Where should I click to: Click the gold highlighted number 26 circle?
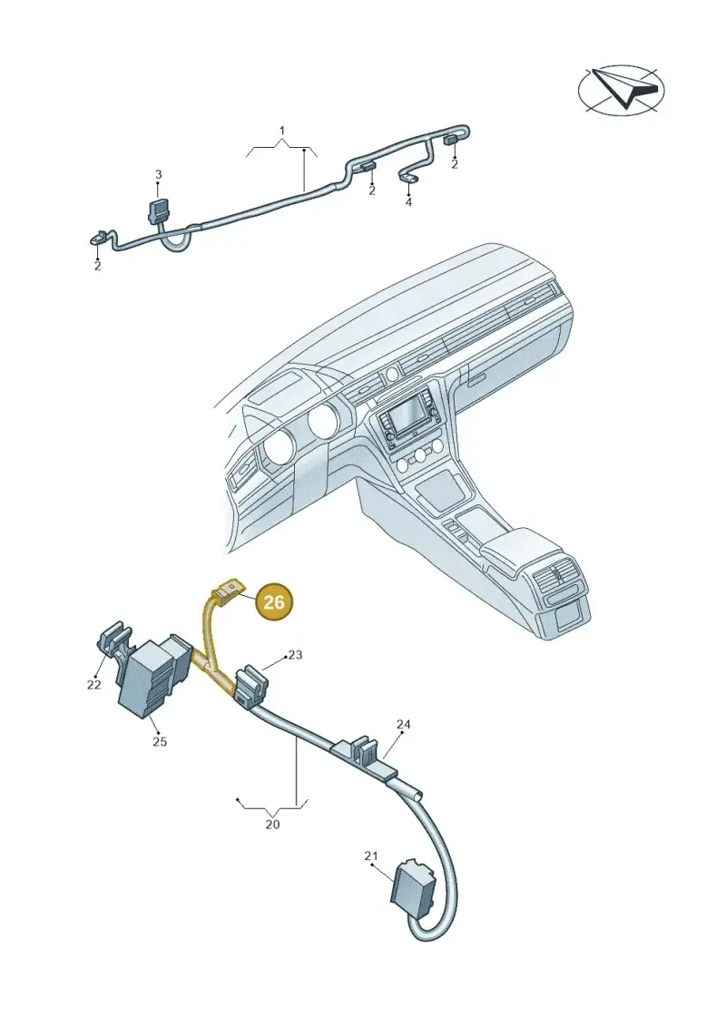pos(274,601)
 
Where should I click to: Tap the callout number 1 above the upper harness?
pos(282,131)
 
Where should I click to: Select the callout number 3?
pos(159,175)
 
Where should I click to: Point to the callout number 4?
pos(408,202)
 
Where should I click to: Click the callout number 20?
pos(272,825)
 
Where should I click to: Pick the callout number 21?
pos(371,855)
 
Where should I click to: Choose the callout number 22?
pos(93,684)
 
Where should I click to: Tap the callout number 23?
pos(295,654)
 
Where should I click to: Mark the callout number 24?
pos(403,724)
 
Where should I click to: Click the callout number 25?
pos(160,741)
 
